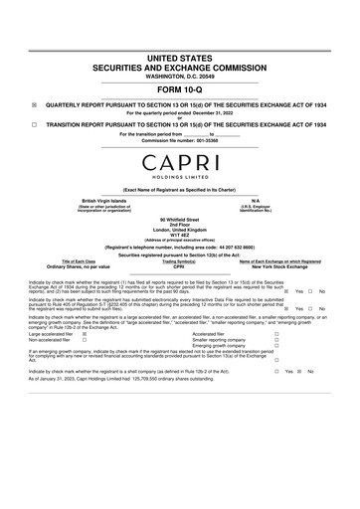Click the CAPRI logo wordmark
[x=180, y=161]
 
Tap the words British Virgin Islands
[x=103, y=200]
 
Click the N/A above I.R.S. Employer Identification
[x=256, y=200]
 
